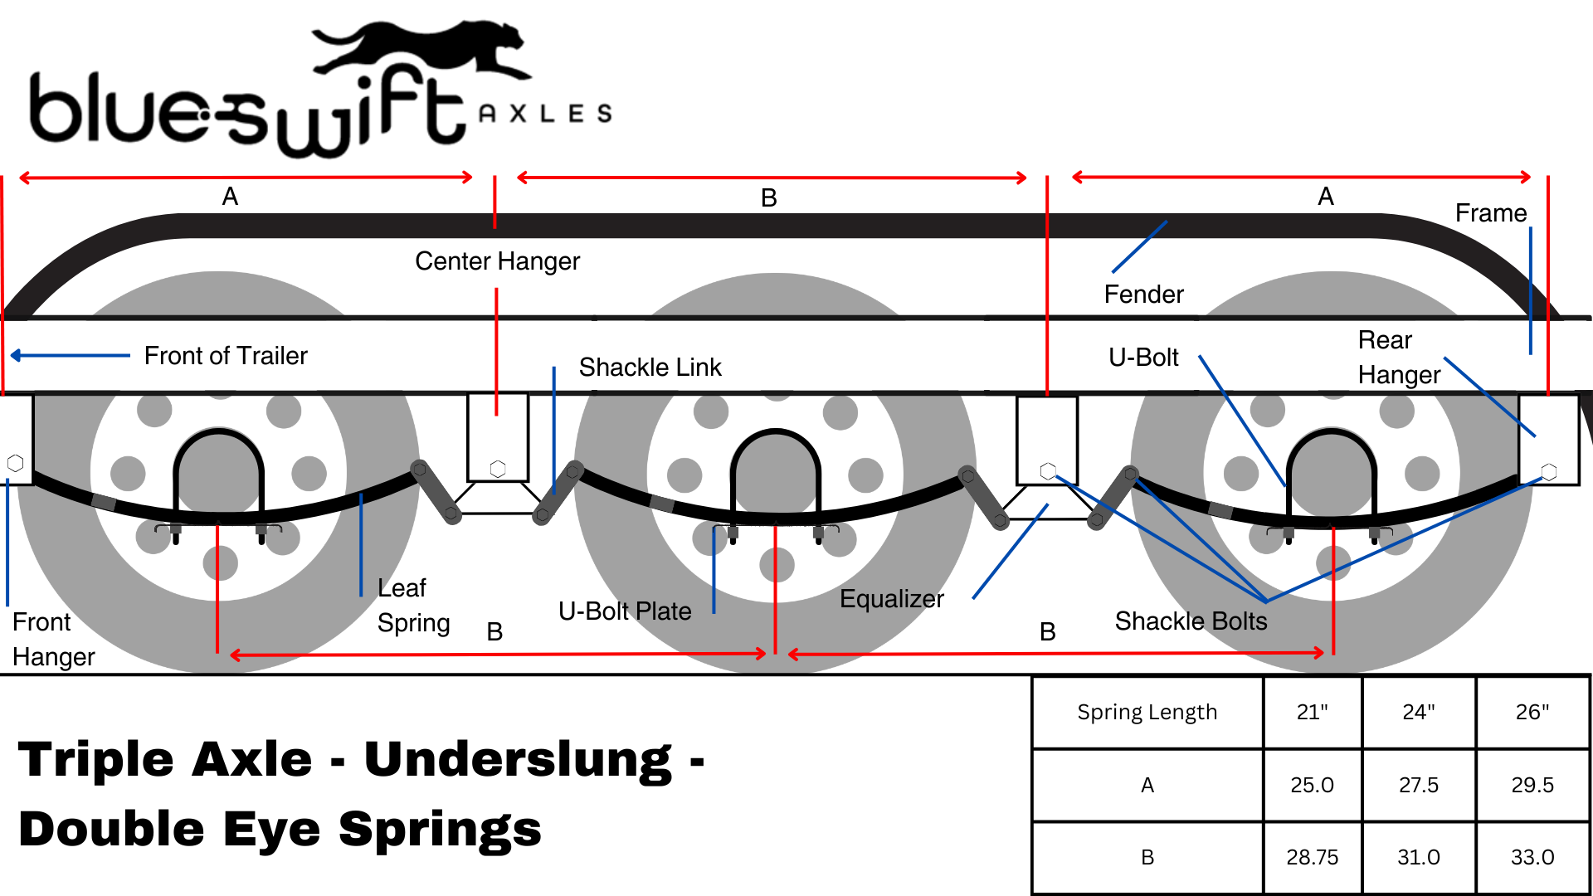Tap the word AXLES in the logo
click(x=545, y=114)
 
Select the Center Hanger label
click(x=497, y=261)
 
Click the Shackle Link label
click(x=650, y=368)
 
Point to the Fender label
click(x=1143, y=295)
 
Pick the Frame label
click(x=1490, y=213)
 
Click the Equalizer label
click(x=891, y=599)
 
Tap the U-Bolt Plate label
click(x=625, y=611)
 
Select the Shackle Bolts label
click(x=1191, y=621)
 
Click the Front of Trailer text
click(x=226, y=356)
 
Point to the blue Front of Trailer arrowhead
click(x=16, y=356)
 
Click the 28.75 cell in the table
click(x=1312, y=857)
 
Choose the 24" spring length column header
click(x=1418, y=712)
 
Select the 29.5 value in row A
click(x=1532, y=785)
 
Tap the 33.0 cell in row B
click(x=1532, y=857)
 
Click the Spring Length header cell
click(x=1147, y=712)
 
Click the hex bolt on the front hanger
click(x=15, y=463)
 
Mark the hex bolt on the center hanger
click(x=498, y=469)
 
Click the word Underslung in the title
click(x=518, y=760)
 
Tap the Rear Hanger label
click(x=1399, y=358)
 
